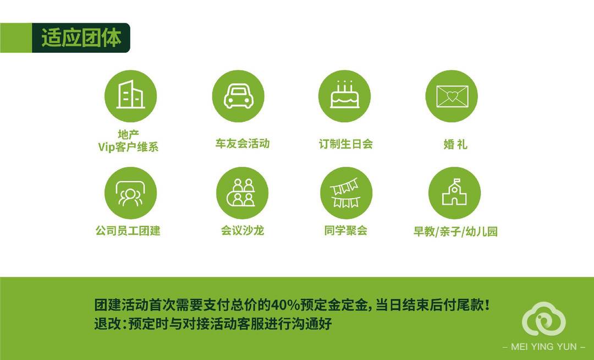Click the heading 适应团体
pyautogui.click(x=81, y=38)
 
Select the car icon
pyautogui.click(x=238, y=96)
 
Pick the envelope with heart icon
pyautogui.click(x=452, y=96)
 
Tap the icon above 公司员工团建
pyautogui.click(x=131, y=193)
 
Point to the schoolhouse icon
pyautogui.click(x=455, y=193)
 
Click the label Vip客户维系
pyautogui.click(x=128, y=147)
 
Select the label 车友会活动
pyautogui.click(x=243, y=144)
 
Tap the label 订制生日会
pyautogui.click(x=346, y=144)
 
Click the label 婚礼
pyautogui.click(x=455, y=144)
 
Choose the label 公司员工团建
pyautogui.click(x=128, y=231)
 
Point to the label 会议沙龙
pyautogui.click(x=243, y=231)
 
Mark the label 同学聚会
pyautogui.click(x=346, y=231)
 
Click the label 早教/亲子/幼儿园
pyautogui.click(x=455, y=232)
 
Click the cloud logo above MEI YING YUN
pyautogui.click(x=544, y=319)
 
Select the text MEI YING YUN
pyautogui.click(x=544, y=347)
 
